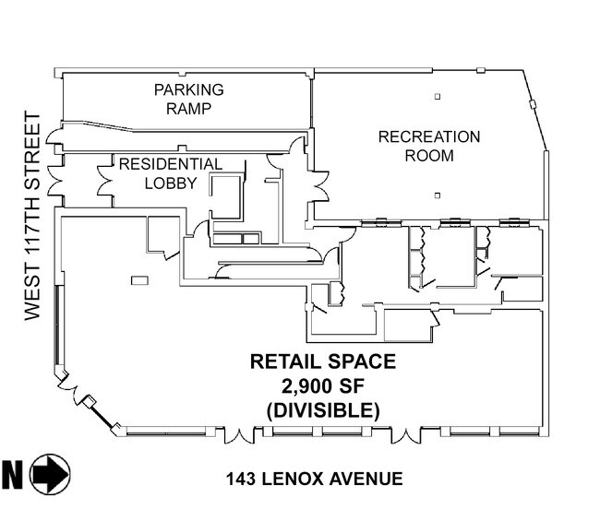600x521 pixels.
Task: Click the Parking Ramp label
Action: pyautogui.click(x=188, y=99)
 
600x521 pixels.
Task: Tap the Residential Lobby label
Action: pyautogui.click(x=171, y=173)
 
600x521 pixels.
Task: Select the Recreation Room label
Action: pyautogui.click(x=429, y=146)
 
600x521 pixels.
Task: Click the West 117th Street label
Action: pyautogui.click(x=32, y=216)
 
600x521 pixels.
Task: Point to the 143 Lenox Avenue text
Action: pyautogui.click(x=314, y=479)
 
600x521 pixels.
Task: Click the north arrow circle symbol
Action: pyautogui.click(x=50, y=474)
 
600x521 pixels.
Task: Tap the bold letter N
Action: pyautogui.click(x=12, y=474)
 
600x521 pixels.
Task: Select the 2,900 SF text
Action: pyautogui.click(x=322, y=386)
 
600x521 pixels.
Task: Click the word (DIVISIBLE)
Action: pyautogui.click(x=323, y=410)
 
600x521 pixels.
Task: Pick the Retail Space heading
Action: pyautogui.click(x=323, y=361)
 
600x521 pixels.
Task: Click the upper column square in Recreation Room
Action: pyautogui.click(x=438, y=97)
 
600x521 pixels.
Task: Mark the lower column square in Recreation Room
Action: pyautogui.click(x=438, y=195)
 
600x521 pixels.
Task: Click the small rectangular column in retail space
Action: pyautogui.click(x=139, y=280)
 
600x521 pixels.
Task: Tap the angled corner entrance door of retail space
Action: pyautogui.click(x=71, y=386)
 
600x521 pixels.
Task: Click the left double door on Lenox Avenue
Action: pyautogui.click(x=239, y=436)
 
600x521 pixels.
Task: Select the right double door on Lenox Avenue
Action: pyautogui.click(x=406, y=436)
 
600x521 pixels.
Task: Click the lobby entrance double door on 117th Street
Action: pyautogui.click(x=54, y=180)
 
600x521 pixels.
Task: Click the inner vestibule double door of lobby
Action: pyautogui.click(x=105, y=181)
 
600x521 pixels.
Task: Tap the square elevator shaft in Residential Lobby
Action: pyautogui.click(x=226, y=196)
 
